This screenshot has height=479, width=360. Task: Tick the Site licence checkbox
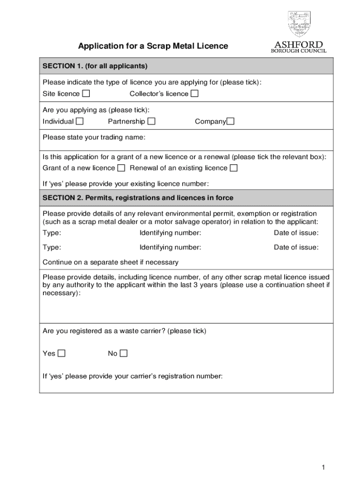click(x=86, y=94)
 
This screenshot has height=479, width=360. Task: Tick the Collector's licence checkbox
click(x=194, y=94)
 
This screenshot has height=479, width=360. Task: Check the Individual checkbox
click(x=80, y=122)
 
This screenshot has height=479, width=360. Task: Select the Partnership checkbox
click(x=151, y=122)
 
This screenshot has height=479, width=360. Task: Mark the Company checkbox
click(x=230, y=122)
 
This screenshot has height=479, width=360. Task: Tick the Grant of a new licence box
click(x=121, y=168)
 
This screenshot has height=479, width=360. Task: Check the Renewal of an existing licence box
click(x=233, y=168)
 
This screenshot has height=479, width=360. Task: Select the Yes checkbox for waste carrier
click(x=61, y=353)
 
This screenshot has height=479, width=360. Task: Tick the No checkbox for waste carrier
click(x=123, y=353)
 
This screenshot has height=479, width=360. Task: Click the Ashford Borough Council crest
click(x=299, y=24)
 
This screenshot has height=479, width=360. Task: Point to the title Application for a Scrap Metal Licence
click(x=153, y=46)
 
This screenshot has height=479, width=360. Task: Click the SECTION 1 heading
click(x=95, y=66)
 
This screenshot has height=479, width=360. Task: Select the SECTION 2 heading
click(x=138, y=198)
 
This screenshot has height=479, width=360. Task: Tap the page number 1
click(x=323, y=467)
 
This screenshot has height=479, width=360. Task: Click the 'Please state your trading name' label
click(x=94, y=138)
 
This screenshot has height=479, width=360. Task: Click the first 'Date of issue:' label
click(x=296, y=233)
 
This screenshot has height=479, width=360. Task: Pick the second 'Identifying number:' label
click(x=170, y=247)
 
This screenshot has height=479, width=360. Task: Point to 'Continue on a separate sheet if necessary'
click(x=110, y=262)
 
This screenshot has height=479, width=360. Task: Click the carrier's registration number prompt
click(x=133, y=376)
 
